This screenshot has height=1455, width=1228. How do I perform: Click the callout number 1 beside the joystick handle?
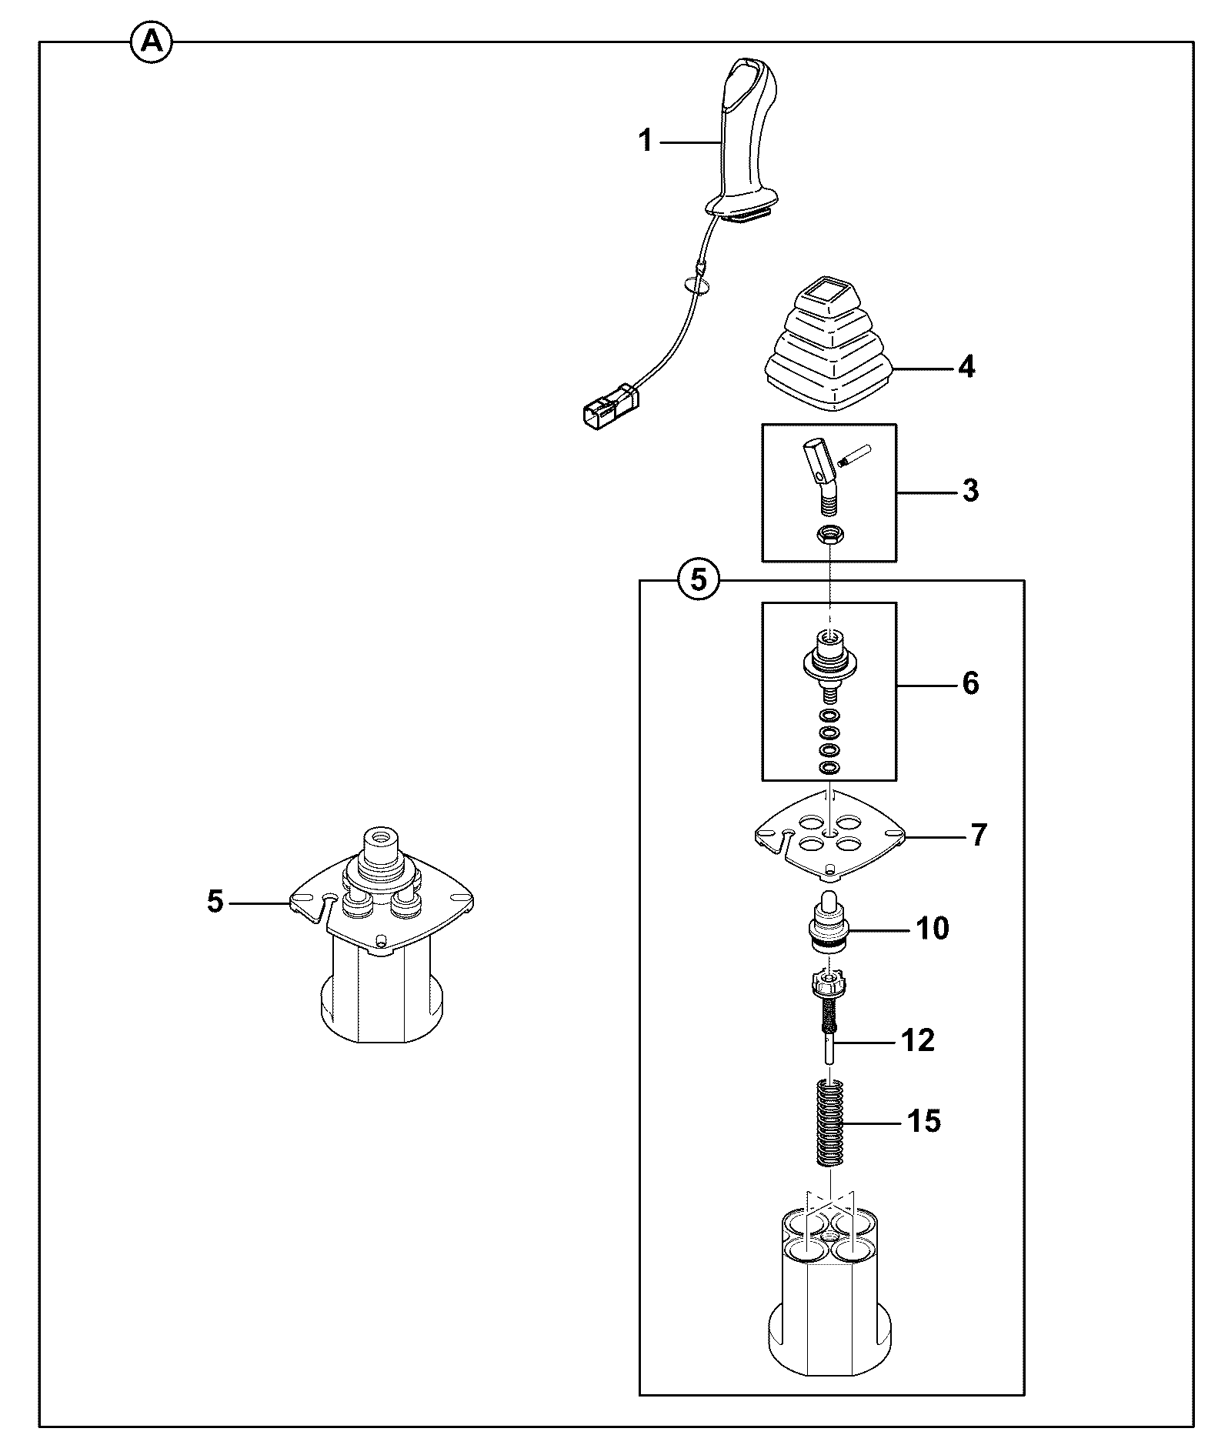click(x=646, y=142)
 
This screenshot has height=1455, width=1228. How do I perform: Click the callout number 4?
click(x=966, y=367)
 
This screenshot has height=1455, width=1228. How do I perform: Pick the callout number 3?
click(x=970, y=490)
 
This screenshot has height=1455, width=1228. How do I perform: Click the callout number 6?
click(x=970, y=682)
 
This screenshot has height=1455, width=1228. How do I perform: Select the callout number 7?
click(x=978, y=835)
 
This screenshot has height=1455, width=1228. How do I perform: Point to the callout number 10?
click(x=933, y=929)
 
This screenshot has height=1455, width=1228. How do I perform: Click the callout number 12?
click(x=917, y=1040)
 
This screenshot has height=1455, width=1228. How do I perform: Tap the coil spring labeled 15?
click(x=829, y=1123)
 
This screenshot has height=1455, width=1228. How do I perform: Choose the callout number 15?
click(x=924, y=1121)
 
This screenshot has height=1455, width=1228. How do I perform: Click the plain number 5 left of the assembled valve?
click(x=215, y=901)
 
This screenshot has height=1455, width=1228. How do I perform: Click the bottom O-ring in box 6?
click(x=829, y=768)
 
